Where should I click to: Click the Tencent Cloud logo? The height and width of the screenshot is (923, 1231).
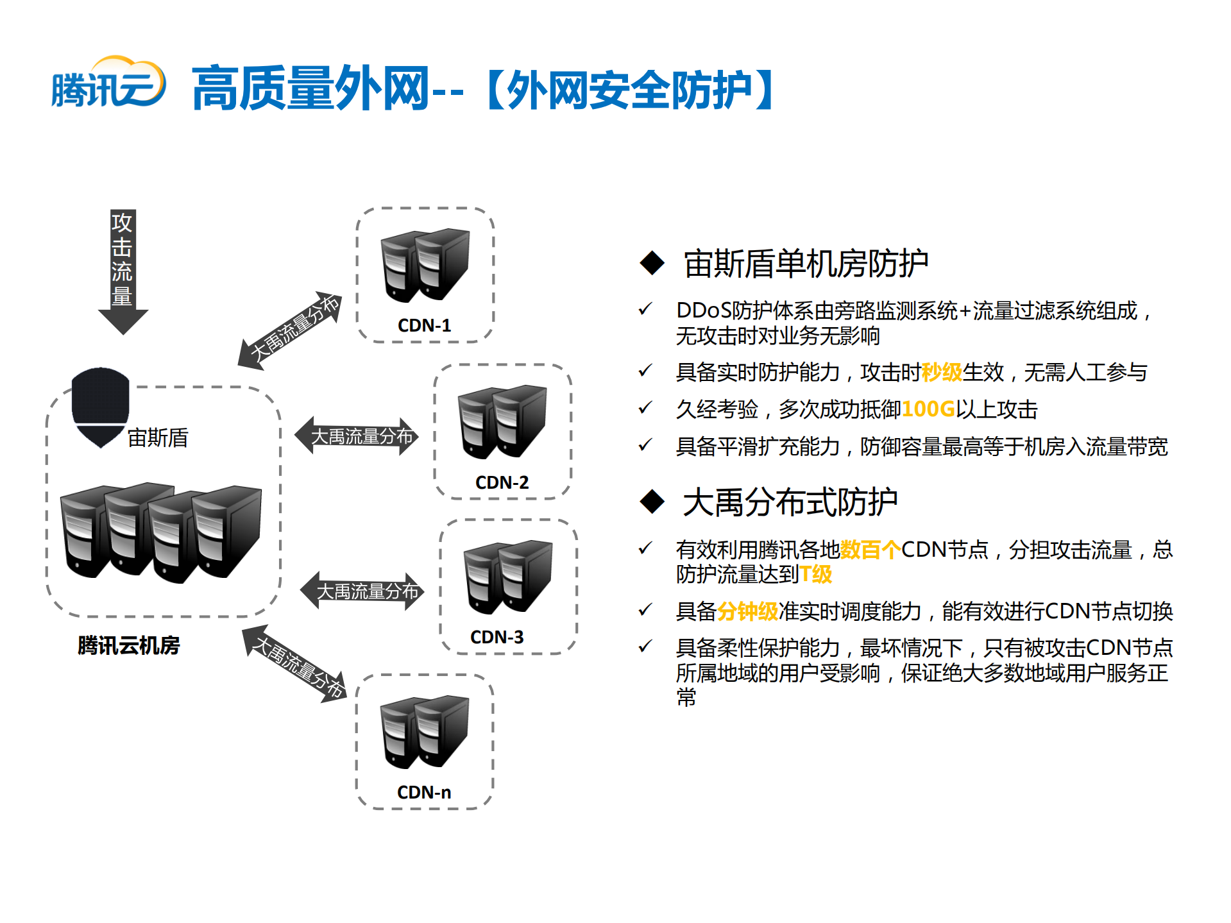pyautogui.click(x=108, y=83)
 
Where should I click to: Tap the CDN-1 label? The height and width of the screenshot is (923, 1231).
pyautogui.click(x=424, y=325)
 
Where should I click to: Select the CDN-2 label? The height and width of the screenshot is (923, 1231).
pyautogui.click(x=502, y=482)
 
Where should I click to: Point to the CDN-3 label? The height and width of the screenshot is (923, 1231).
pyautogui.click(x=497, y=637)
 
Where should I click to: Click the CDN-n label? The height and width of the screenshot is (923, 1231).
pyautogui.click(x=424, y=792)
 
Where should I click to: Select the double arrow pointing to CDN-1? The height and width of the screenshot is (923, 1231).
pyautogui.click(x=291, y=330)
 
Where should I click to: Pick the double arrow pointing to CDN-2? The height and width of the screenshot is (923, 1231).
pyautogui.click(x=357, y=436)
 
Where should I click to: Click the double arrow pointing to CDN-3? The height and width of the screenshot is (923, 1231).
pyautogui.click(x=362, y=591)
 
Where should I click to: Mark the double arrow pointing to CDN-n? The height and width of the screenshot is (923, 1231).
pyautogui.click(x=296, y=665)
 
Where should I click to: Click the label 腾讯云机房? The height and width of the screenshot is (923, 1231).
pyautogui.click(x=128, y=645)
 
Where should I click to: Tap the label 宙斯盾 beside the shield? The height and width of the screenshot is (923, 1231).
pyautogui.click(x=158, y=438)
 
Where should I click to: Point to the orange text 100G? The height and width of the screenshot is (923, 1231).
pyautogui.click(x=928, y=409)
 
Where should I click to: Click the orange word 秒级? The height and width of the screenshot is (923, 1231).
pyautogui.click(x=942, y=372)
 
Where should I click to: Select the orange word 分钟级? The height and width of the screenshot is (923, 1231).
pyautogui.click(x=747, y=611)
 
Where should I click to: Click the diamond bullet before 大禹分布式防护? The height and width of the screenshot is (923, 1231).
pyautogui.click(x=652, y=502)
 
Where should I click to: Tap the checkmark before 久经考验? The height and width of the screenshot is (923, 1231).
pyautogui.click(x=645, y=408)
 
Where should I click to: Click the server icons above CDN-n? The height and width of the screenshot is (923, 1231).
pyautogui.click(x=425, y=732)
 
